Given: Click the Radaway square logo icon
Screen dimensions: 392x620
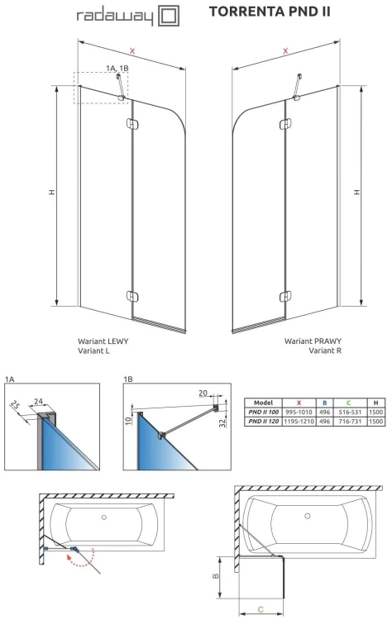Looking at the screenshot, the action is coord(169,16).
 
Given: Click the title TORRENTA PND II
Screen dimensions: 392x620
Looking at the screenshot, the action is coord(270,12).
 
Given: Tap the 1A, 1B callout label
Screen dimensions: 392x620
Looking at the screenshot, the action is coord(117,68).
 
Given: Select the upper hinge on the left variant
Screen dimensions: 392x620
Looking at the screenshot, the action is coord(132,124).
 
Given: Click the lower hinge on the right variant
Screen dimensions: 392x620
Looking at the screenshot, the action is coord(285,297).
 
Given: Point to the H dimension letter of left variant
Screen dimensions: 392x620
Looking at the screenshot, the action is coord(52,192).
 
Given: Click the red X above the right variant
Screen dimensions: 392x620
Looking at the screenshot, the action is coord(285,51).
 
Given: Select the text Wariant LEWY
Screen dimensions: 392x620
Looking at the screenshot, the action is coord(103,341).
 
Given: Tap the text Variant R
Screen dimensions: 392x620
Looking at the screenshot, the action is coord(325,351).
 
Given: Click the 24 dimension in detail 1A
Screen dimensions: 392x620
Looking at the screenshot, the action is coord(38,401).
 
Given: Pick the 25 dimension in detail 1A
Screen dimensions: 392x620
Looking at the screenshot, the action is coord(15,405).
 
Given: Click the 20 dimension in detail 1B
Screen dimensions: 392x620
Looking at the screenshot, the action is coord(203,393).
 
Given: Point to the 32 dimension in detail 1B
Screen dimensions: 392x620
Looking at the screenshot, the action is coord(223,422).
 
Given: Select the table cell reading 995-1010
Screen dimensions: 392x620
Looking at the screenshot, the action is coord(299,412).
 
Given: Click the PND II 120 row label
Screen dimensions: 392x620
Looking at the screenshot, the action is coord(264,421).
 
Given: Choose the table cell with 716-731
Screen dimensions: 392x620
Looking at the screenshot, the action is coord(350,421).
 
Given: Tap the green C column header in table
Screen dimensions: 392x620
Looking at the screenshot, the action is coord(348,403).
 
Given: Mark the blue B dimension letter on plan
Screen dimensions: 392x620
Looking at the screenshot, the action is coord(216,576).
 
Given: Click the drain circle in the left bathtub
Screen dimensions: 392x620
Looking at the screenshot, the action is coord(103,517).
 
